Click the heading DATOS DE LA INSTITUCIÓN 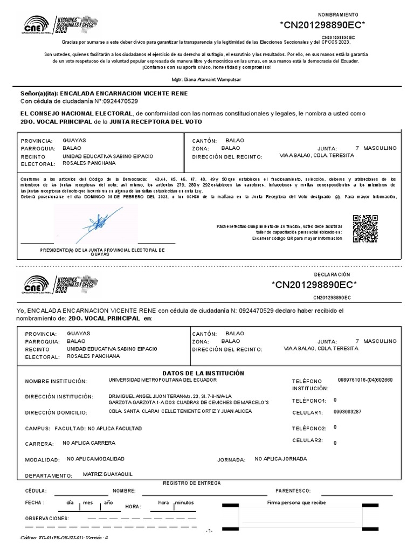point(203,373)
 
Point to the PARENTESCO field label point(294,491)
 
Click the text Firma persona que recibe point(296,502)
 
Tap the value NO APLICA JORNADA point(281,459)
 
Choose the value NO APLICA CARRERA point(89,443)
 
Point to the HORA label point(133,507)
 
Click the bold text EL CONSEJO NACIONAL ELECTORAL point(76,114)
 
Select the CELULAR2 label point(307,440)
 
